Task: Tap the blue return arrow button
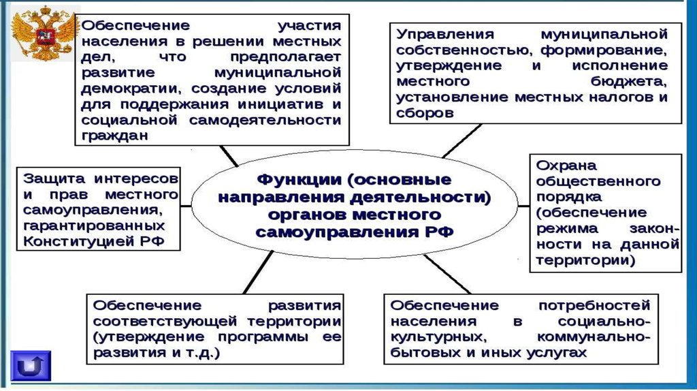(x=31, y=367)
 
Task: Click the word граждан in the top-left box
(x=114, y=135)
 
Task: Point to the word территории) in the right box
(x=586, y=260)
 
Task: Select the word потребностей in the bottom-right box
(x=599, y=304)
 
